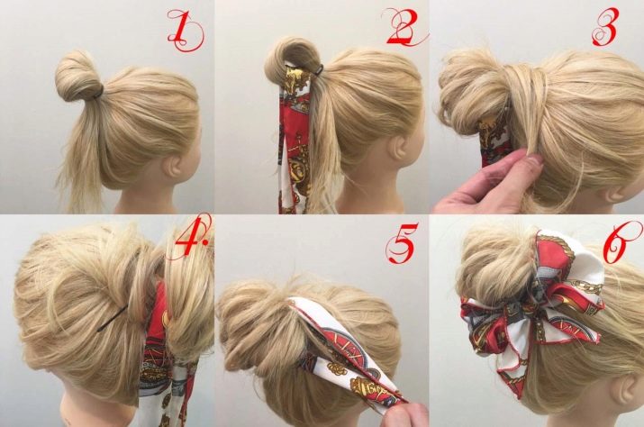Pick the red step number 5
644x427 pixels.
pyautogui.click(x=402, y=242)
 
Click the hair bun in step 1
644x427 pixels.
pyautogui.click(x=77, y=77)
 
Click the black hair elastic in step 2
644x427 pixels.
pyautogui.click(x=319, y=70)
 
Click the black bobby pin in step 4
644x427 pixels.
pyautogui.click(x=112, y=318)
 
